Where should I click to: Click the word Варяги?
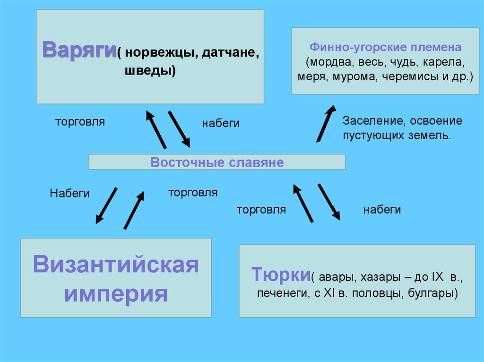click(x=79, y=49)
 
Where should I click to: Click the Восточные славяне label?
click(x=217, y=163)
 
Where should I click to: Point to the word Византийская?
click(x=116, y=265)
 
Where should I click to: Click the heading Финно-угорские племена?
click(x=385, y=48)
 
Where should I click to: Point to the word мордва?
click(x=326, y=62)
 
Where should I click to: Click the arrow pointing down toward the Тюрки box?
click(x=329, y=202)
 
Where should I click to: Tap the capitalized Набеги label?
click(x=69, y=193)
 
